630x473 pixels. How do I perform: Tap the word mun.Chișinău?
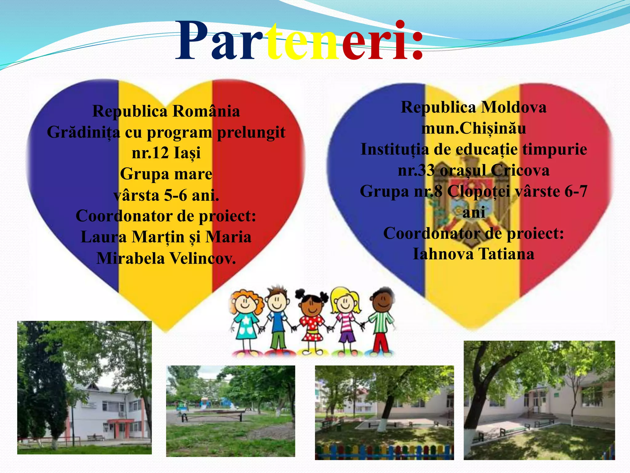tap(473, 128)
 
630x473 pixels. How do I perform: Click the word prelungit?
tap(251, 133)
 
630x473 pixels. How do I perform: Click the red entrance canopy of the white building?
tap(120, 421)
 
